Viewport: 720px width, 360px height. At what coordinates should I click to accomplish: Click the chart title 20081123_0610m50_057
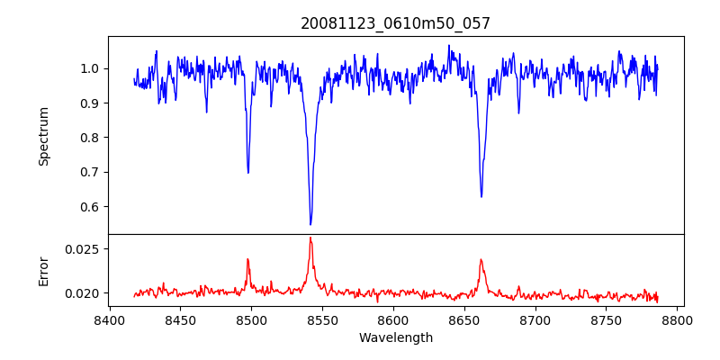pyautogui.click(x=395, y=23)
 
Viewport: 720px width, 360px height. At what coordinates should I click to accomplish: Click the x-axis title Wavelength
pyautogui.click(x=395, y=338)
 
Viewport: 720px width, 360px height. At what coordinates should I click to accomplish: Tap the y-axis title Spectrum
pyautogui.click(x=43, y=136)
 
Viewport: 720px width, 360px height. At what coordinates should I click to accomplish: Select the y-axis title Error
pyautogui.click(x=43, y=270)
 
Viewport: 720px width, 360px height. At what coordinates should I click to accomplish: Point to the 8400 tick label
pyautogui.click(x=109, y=319)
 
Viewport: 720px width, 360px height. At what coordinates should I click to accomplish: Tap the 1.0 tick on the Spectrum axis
pyautogui.click(x=90, y=68)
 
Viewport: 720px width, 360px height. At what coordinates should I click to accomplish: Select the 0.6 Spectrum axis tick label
pyautogui.click(x=90, y=207)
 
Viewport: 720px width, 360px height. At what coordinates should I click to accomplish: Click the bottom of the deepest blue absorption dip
pyautogui.click(x=310, y=224)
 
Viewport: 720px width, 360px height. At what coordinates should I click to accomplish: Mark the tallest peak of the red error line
pyautogui.click(x=310, y=238)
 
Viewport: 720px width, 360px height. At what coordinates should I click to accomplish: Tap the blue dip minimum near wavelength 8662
pyautogui.click(x=481, y=196)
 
